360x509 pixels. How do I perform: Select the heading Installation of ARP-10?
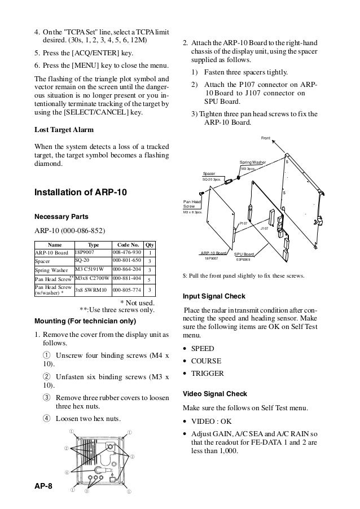[81, 193]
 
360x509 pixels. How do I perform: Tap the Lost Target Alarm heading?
[67, 129]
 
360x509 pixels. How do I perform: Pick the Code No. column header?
[127, 245]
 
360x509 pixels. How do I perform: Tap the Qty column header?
[150, 245]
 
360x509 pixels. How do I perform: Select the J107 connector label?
[265, 228]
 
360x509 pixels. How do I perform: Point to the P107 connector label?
[244, 223]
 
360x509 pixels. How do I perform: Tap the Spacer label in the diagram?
[209, 173]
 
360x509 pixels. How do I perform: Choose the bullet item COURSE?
[206, 361]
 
